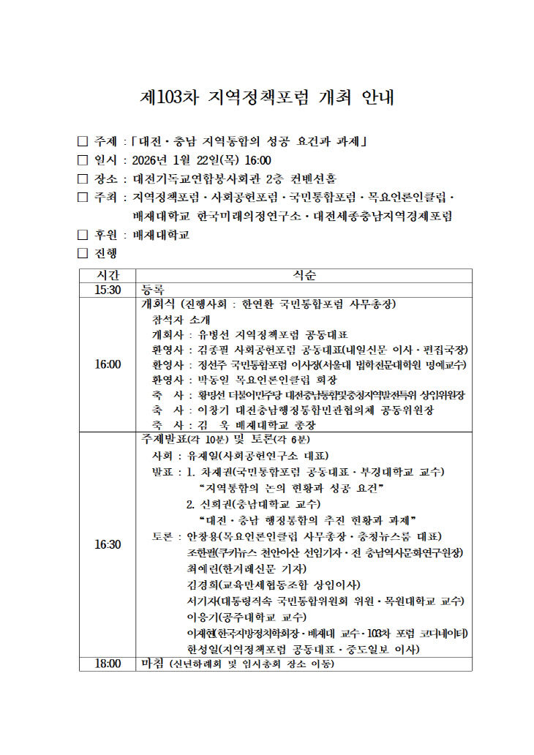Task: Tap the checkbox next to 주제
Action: coord(82,140)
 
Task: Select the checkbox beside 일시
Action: coord(82,159)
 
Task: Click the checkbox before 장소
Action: coord(82,179)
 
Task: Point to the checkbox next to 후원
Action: coord(82,235)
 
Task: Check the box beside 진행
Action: coord(82,254)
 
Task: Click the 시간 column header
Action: coord(108,275)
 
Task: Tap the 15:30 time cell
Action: coord(108,290)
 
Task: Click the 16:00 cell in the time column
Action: coord(108,364)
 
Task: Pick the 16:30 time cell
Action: coord(108,544)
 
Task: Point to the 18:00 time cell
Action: coord(108,664)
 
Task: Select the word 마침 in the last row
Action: coord(153,664)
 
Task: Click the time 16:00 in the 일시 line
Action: coord(257,159)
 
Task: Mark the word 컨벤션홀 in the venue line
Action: coord(312,179)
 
